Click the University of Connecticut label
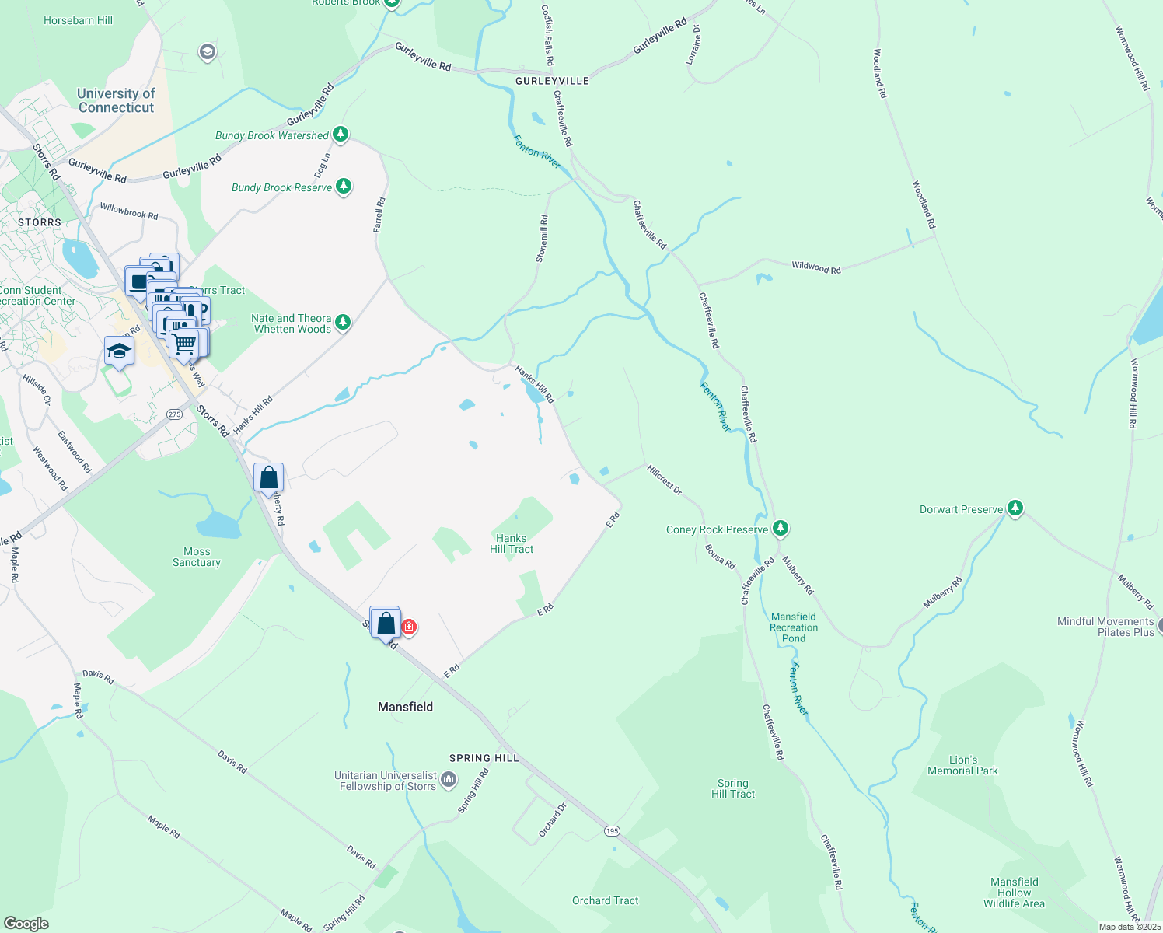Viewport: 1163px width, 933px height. [x=116, y=100]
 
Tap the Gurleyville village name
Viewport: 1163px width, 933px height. [x=552, y=81]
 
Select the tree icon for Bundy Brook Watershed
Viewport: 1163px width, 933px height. [x=341, y=135]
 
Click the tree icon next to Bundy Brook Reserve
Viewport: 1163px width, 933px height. [x=344, y=187]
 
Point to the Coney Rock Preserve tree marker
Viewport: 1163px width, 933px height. [x=781, y=529]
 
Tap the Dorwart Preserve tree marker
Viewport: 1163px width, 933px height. [x=1015, y=508]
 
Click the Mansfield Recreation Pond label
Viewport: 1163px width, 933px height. [x=794, y=627]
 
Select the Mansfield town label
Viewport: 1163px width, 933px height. [x=405, y=707]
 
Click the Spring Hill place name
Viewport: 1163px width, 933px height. [x=484, y=758]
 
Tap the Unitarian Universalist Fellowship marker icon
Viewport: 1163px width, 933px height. [x=449, y=780]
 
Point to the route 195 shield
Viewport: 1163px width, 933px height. [x=612, y=831]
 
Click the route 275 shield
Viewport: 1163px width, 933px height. [x=174, y=414]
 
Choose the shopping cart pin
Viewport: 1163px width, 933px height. [x=184, y=343]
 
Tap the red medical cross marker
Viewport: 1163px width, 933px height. [x=409, y=627]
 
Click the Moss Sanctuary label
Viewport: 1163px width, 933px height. [x=197, y=557]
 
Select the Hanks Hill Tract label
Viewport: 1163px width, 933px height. [x=512, y=543]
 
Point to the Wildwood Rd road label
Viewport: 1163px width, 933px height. [x=815, y=267]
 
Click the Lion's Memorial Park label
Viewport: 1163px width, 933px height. [x=962, y=765]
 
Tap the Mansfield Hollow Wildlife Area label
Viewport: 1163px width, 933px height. [x=1014, y=893]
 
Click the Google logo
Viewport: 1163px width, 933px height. [x=26, y=923]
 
